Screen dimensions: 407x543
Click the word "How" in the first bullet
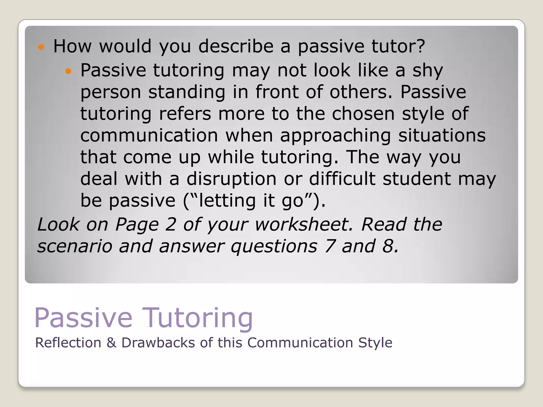coord(72,46)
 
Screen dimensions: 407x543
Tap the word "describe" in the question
coord(236,46)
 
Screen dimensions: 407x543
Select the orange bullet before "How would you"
coord(41,47)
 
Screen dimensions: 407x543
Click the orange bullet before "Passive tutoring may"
coord(68,71)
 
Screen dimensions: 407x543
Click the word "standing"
coord(187,92)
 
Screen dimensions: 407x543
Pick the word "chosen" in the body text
coord(363,114)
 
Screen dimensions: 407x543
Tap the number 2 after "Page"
coord(171,224)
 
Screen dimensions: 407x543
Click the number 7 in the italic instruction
coord(330,246)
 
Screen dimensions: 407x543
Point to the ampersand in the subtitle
coord(111,343)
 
